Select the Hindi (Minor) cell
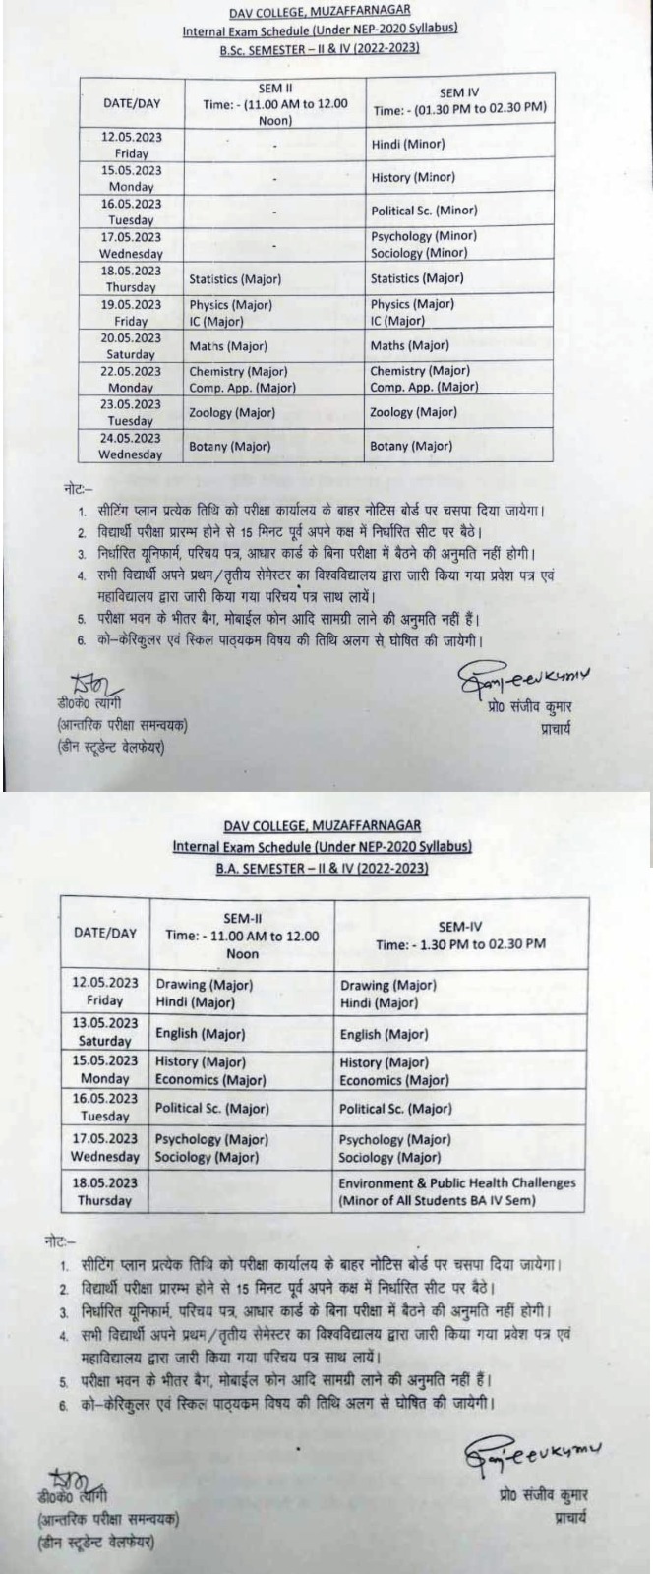pyautogui.click(x=407, y=144)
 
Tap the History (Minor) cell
pyautogui.click(x=412, y=177)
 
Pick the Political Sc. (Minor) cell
pyautogui.click(x=423, y=211)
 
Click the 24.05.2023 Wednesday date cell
pyautogui.click(x=131, y=447)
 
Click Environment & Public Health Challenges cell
pyautogui.click(x=457, y=1191)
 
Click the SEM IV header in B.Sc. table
pyautogui.click(x=459, y=100)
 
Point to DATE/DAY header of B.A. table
pyautogui.click(x=105, y=933)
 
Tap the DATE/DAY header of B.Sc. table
pyautogui.click(x=131, y=102)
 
